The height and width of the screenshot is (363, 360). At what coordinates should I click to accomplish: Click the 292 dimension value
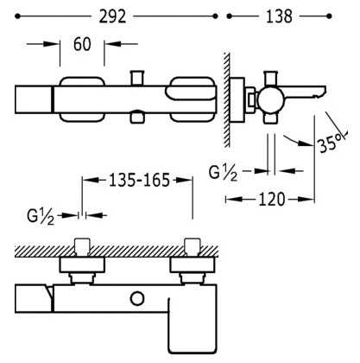point(112,16)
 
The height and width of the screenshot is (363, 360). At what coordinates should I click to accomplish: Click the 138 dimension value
point(279,16)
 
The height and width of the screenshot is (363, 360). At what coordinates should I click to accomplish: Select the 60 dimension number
point(82,44)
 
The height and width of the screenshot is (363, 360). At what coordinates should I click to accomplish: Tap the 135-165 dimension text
point(139,181)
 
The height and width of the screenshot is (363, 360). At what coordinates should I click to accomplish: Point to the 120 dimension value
point(272,199)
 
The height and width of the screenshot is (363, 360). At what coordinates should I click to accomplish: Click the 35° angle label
point(332,142)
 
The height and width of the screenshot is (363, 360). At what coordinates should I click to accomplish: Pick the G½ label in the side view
point(223,173)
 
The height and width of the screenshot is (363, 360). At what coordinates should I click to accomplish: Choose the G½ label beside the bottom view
point(41,217)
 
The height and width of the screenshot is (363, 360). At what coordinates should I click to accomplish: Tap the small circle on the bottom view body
point(137,298)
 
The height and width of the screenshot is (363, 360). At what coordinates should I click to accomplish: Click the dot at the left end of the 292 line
point(18,16)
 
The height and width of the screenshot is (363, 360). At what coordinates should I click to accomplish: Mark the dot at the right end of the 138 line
point(329,16)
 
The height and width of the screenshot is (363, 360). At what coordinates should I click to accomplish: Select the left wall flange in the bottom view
point(82,265)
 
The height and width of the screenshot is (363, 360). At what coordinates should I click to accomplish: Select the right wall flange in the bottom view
point(193,265)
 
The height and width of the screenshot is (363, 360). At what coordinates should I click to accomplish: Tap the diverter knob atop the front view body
point(137,78)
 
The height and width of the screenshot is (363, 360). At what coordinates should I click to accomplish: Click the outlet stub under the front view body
point(137,118)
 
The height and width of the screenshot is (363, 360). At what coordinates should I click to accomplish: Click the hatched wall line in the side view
point(227,99)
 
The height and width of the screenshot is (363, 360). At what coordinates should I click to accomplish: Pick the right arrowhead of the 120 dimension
point(308,199)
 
